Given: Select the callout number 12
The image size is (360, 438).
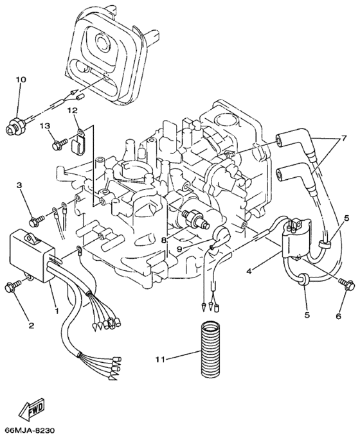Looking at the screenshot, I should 71,111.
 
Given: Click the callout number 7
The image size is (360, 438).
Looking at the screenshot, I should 345,139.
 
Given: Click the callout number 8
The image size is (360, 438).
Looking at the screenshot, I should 165,240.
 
